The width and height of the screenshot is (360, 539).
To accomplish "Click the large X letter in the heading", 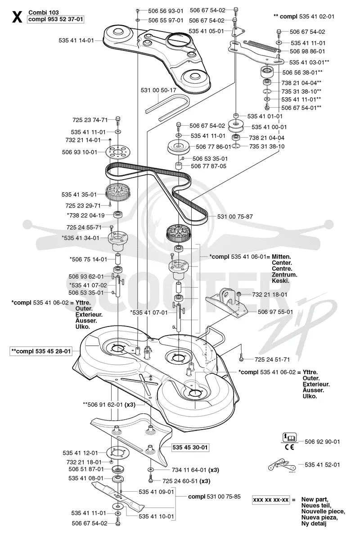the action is coord(17,17).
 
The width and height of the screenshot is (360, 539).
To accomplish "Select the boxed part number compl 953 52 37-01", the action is coord(56,19).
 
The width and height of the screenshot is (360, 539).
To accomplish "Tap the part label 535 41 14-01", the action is coord(76,41).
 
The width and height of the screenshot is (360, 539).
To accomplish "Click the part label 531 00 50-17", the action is coord(158,91).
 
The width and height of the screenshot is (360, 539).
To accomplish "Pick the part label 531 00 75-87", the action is coord(235,217).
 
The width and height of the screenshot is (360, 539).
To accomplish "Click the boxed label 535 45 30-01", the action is coord(190,447).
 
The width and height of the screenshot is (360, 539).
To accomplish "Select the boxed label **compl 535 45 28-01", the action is coord(41,351).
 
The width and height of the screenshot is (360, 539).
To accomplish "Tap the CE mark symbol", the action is coord(289,447).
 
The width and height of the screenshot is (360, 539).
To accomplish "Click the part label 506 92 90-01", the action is coord(322,442).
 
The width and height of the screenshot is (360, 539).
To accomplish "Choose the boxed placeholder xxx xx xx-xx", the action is coord(271,500).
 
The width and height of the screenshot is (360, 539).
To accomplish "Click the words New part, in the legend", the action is coord(315,499).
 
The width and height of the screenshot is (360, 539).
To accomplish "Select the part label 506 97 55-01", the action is coord(275,312).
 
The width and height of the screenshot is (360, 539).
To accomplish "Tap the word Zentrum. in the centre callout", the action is coord(284,275).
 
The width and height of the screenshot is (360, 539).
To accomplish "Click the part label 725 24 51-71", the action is coord(272,360).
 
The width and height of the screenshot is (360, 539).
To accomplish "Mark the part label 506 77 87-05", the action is coord(208,166).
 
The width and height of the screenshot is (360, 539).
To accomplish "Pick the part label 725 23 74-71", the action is coord(90,120).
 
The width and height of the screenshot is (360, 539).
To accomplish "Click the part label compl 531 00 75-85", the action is coord(214,496).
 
